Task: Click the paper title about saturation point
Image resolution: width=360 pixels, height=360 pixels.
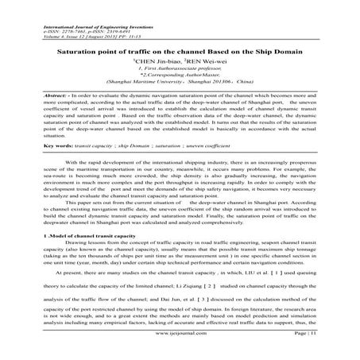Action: coord(179,49)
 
